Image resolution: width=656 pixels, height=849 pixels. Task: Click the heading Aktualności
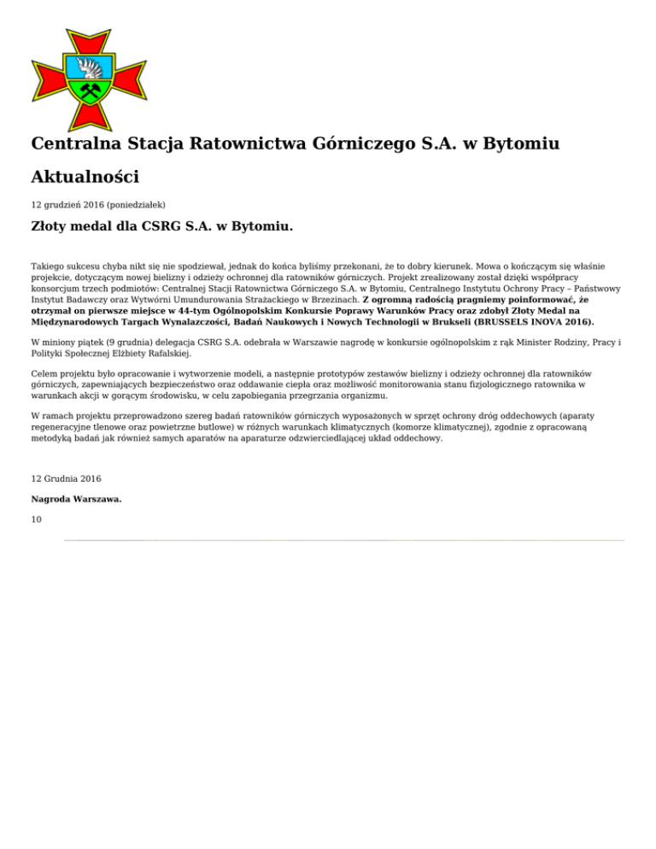click(x=85, y=177)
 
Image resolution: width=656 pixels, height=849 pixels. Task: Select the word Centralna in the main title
click(x=75, y=143)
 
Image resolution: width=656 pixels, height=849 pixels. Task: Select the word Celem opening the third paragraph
click(x=44, y=373)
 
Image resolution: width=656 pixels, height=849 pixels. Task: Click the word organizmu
click(x=365, y=395)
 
